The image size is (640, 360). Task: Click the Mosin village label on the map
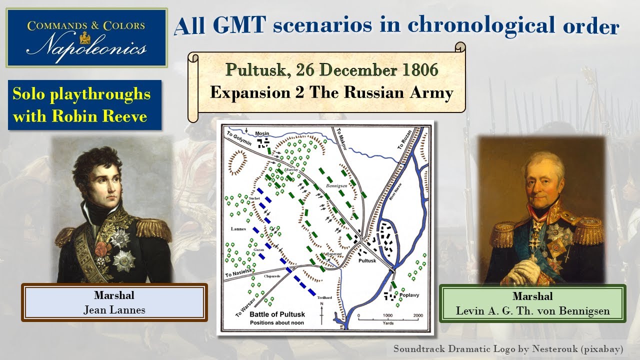point(262,134)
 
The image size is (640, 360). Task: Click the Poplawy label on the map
point(409,295)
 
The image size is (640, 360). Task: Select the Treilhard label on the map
point(324,297)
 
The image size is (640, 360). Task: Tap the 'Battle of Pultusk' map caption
point(277,314)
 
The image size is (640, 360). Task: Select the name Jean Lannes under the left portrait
point(114,310)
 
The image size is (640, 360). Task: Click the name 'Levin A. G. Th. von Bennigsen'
point(532,311)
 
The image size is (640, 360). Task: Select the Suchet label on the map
point(255,198)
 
